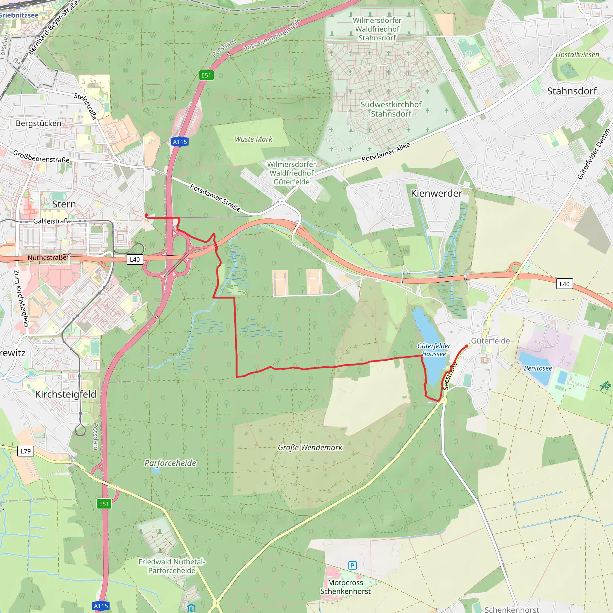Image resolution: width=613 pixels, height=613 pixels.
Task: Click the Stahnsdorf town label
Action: point(572,91)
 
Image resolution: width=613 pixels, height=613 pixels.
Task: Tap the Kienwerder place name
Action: point(436,193)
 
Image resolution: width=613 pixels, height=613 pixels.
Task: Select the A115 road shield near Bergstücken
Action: point(180,142)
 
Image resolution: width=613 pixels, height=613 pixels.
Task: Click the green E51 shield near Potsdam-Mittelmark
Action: point(206,75)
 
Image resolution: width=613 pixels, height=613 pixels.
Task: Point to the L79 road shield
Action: point(26,451)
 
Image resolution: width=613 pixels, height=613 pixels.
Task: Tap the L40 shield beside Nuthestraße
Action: point(135,260)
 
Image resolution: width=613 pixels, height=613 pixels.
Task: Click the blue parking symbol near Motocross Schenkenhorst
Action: point(353,565)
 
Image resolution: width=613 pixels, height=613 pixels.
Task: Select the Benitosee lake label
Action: point(538,368)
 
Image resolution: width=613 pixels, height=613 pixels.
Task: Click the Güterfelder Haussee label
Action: point(434,350)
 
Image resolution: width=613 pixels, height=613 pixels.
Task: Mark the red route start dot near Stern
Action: point(146,216)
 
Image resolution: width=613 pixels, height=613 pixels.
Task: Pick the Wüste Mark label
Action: point(254,139)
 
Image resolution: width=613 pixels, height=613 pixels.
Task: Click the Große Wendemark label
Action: point(310,447)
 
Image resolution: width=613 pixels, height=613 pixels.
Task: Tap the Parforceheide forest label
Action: point(170,463)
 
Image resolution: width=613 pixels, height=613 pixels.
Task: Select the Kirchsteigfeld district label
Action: point(66,394)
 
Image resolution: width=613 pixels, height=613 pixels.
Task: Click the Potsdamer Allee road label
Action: point(386,152)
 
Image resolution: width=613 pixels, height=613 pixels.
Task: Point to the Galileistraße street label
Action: point(52,221)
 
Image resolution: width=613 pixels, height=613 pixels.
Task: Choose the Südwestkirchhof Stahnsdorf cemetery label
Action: point(391,109)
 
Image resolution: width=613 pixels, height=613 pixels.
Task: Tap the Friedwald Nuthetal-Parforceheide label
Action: point(172,566)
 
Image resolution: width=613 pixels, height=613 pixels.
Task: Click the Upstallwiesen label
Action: point(577,55)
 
